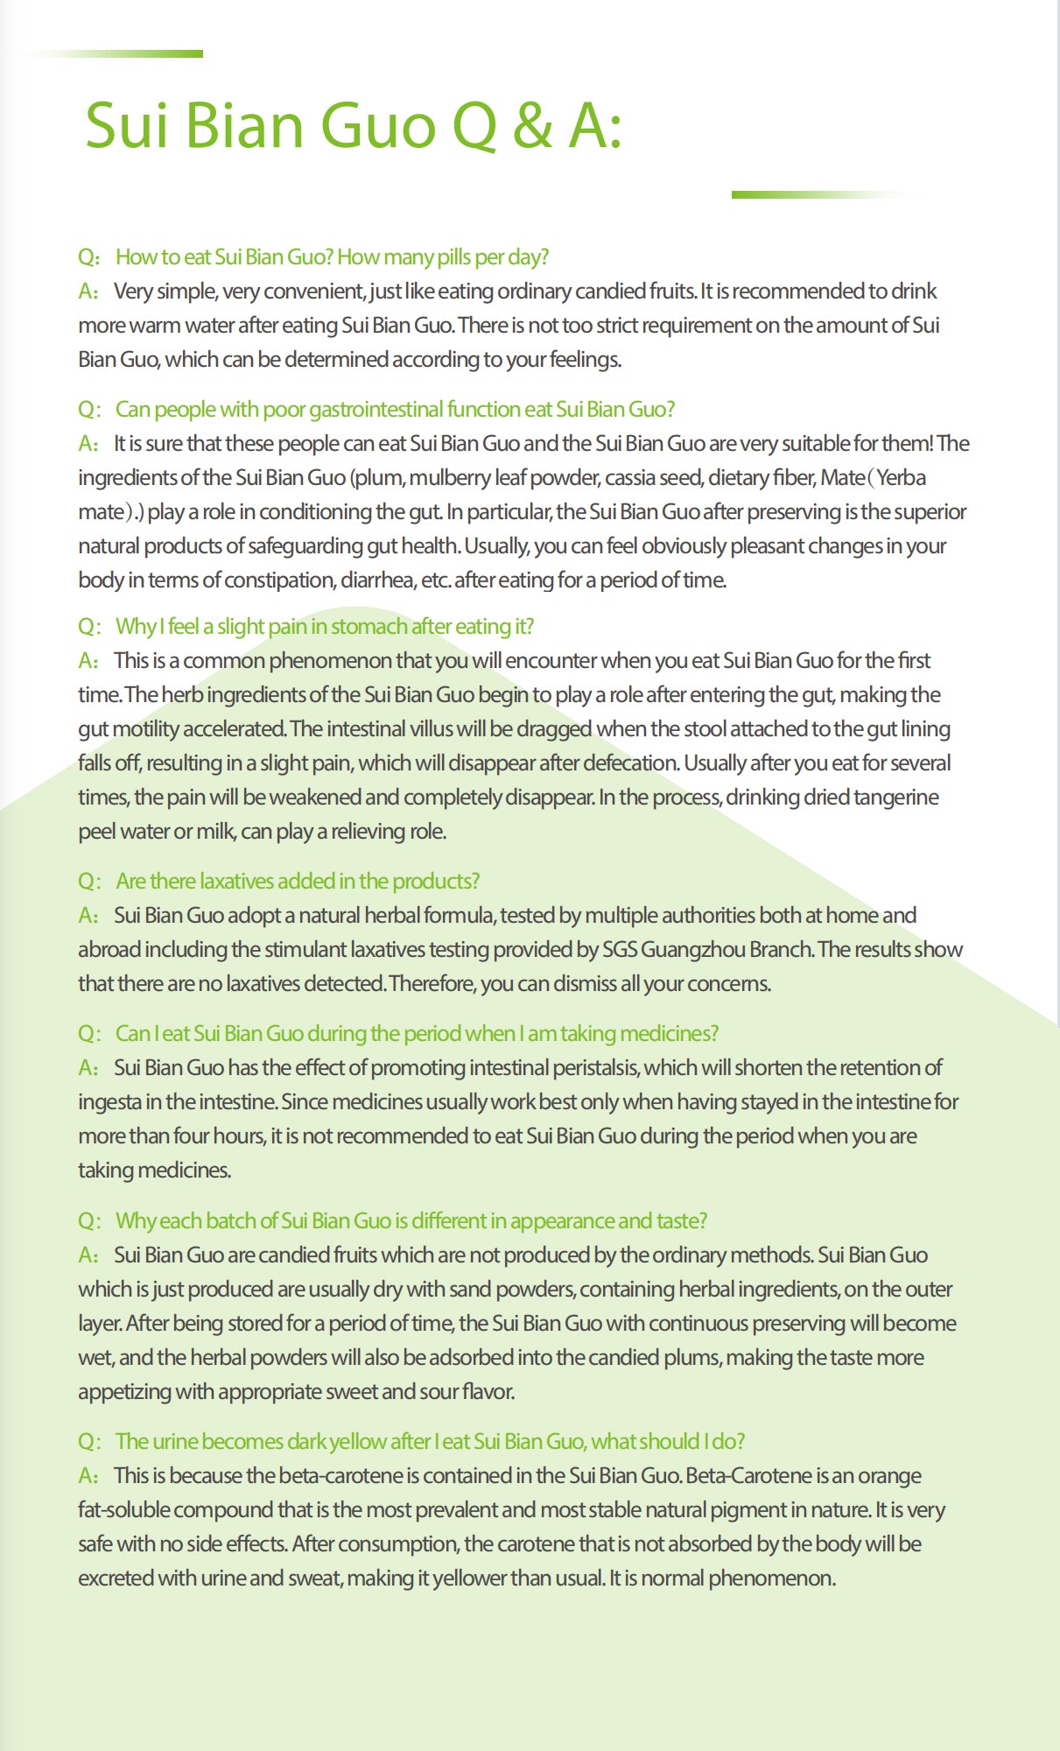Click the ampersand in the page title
[x=532, y=125]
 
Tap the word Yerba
[x=901, y=477]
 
